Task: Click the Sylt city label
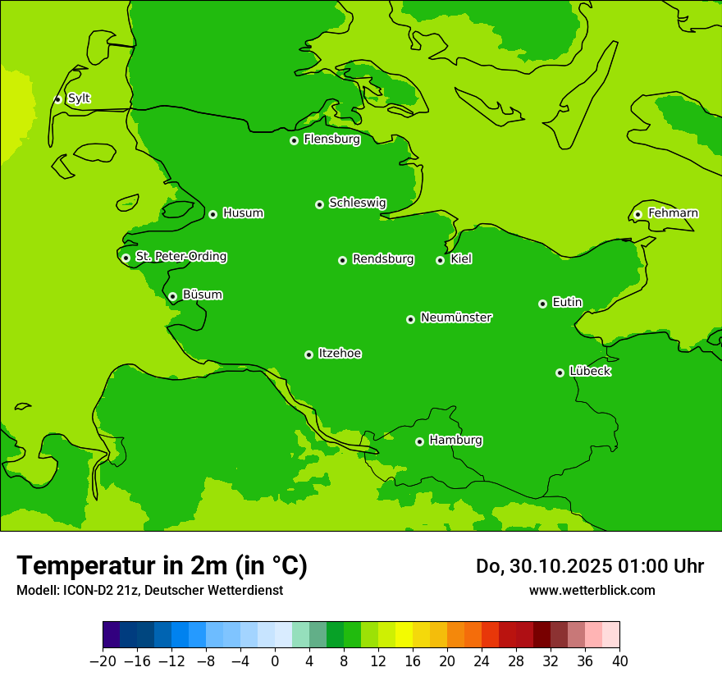[79, 98]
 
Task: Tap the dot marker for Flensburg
[294, 140]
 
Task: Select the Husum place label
[243, 213]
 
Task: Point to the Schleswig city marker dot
[319, 204]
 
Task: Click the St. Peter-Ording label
[180, 257]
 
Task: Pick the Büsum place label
[202, 295]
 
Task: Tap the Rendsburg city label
[382, 259]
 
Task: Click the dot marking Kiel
[440, 260]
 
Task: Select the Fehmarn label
[673, 213]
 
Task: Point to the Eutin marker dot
[542, 304]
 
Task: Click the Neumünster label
[456, 318]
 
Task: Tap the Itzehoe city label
[340, 354]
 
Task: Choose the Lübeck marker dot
[560, 372]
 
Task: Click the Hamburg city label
[455, 440]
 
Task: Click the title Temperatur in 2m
[162, 565]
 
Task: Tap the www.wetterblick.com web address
[592, 590]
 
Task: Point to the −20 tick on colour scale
[103, 661]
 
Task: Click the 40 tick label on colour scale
[619, 661]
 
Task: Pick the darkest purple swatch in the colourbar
[111, 635]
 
